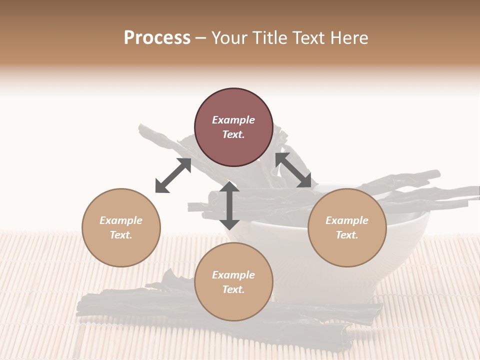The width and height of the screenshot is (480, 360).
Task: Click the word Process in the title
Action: coord(157,38)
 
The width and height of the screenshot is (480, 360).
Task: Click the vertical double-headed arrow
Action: coord(229,205)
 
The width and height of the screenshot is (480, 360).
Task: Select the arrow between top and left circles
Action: coord(173,175)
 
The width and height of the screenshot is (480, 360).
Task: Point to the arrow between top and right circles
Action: coord(293,170)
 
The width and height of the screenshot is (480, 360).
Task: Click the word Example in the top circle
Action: coord(233,120)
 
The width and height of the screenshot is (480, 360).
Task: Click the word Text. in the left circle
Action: coord(121,235)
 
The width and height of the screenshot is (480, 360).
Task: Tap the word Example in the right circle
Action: coord(347,220)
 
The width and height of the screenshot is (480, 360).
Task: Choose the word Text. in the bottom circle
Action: coord(233,289)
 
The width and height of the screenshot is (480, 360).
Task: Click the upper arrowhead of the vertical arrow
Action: coord(229,187)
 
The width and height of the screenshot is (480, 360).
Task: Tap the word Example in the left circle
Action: coord(121,220)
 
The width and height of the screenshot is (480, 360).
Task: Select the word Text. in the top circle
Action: coord(233,134)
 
